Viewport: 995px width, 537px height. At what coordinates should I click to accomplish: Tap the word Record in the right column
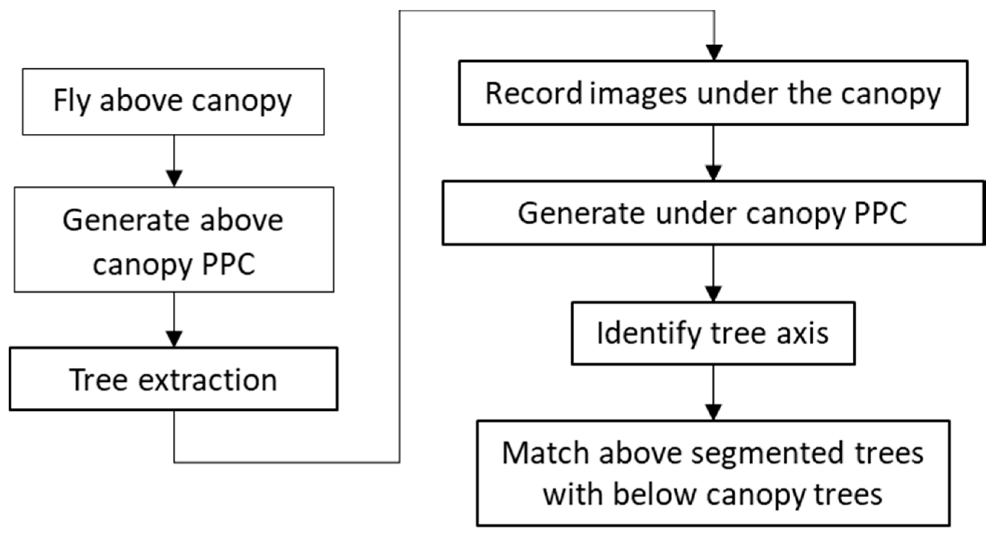pyautogui.click(x=533, y=94)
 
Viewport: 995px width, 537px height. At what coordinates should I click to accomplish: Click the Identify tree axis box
pyautogui.click(x=713, y=333)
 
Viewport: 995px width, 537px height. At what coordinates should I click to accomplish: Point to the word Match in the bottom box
pyautogui.click(x=545, y=453)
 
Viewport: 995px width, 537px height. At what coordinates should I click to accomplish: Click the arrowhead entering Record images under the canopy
pyautogui.click(x=714, y=52)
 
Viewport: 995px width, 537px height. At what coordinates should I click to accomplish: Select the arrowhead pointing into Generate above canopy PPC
pyautogui.click(x=174, y=179)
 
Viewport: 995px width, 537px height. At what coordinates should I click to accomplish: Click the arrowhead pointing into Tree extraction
pyautogui.click(x=174, y=339)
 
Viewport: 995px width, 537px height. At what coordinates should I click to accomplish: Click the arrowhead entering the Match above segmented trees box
pyautogui.click(x=713, y=412)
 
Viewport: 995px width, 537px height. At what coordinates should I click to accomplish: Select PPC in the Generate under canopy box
pyautogui.click(x=880, y=213)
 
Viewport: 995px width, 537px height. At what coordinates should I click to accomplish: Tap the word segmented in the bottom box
pyautogui.click(x=767, y=453)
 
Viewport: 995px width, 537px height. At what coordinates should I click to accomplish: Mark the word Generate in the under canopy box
pyautogui.click(x=581, y=213)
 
